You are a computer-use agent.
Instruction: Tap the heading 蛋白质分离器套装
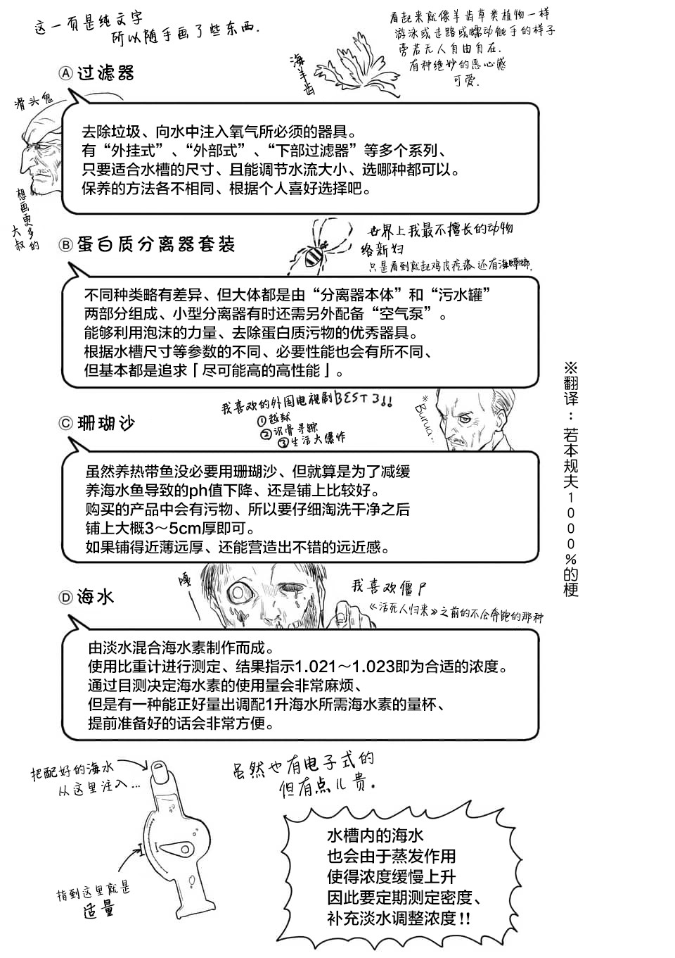(x=156, y=245)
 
